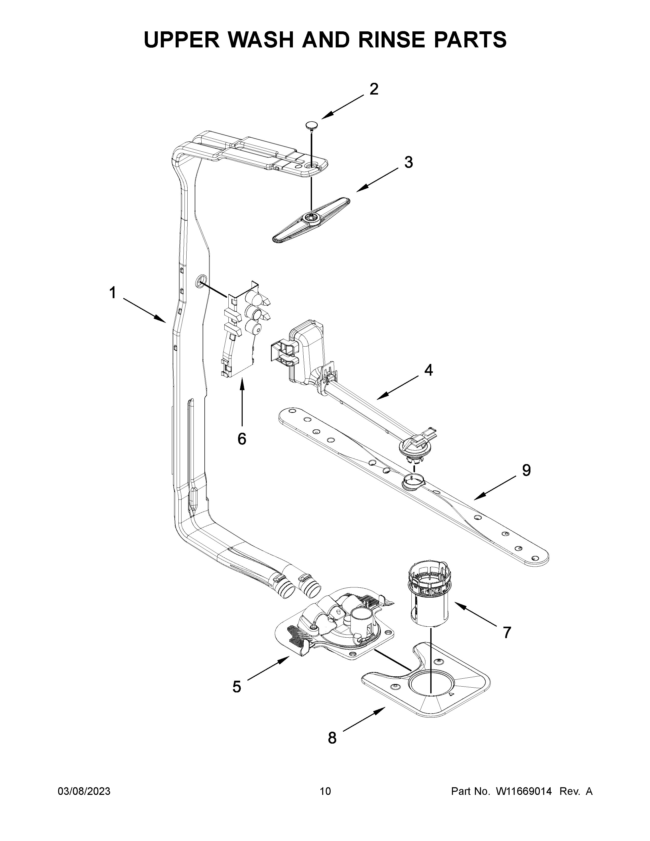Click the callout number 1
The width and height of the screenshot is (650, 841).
tap(112, 293)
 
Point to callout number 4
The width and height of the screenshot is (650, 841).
tap(428, 370)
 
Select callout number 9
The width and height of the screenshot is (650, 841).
tap(526, 470)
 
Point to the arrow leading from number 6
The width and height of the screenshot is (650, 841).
tap(242, 400)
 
